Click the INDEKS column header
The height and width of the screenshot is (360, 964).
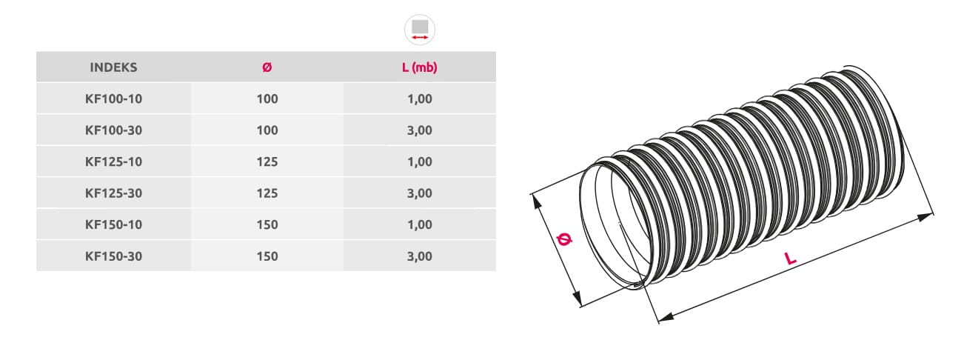(x=113, y=67)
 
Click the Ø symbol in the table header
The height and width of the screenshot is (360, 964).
(x=267, y=67)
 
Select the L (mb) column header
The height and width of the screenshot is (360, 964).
(x=420, y=67)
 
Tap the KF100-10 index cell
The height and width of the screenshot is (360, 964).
(x=113, y=99)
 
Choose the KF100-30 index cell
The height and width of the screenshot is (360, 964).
(x=113, y=130)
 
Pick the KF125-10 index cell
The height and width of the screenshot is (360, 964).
(x=113, y=161)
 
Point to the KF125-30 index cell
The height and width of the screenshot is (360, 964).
(x=113, y=193)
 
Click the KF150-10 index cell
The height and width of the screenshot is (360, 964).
(x=113, y=224)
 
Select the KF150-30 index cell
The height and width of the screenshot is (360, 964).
(x=113, y=256)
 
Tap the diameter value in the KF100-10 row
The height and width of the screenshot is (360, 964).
(x=267, y=99)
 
